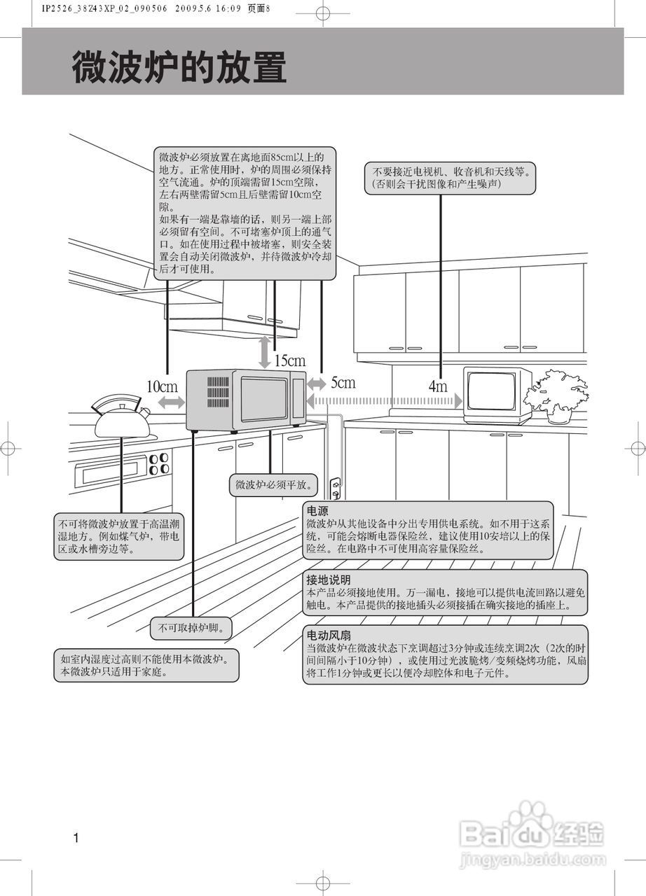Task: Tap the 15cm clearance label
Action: (289, 360)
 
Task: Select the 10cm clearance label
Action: (162, 386)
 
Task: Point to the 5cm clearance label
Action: (343, 382)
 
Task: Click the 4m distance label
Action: (437, 386)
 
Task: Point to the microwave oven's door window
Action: (264, 399)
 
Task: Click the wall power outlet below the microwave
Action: (335, 488)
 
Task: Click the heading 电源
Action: (317, 512)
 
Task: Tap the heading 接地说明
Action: (328, 580)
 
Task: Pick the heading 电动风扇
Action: (328, 636)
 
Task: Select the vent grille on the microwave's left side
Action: (218, 394)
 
